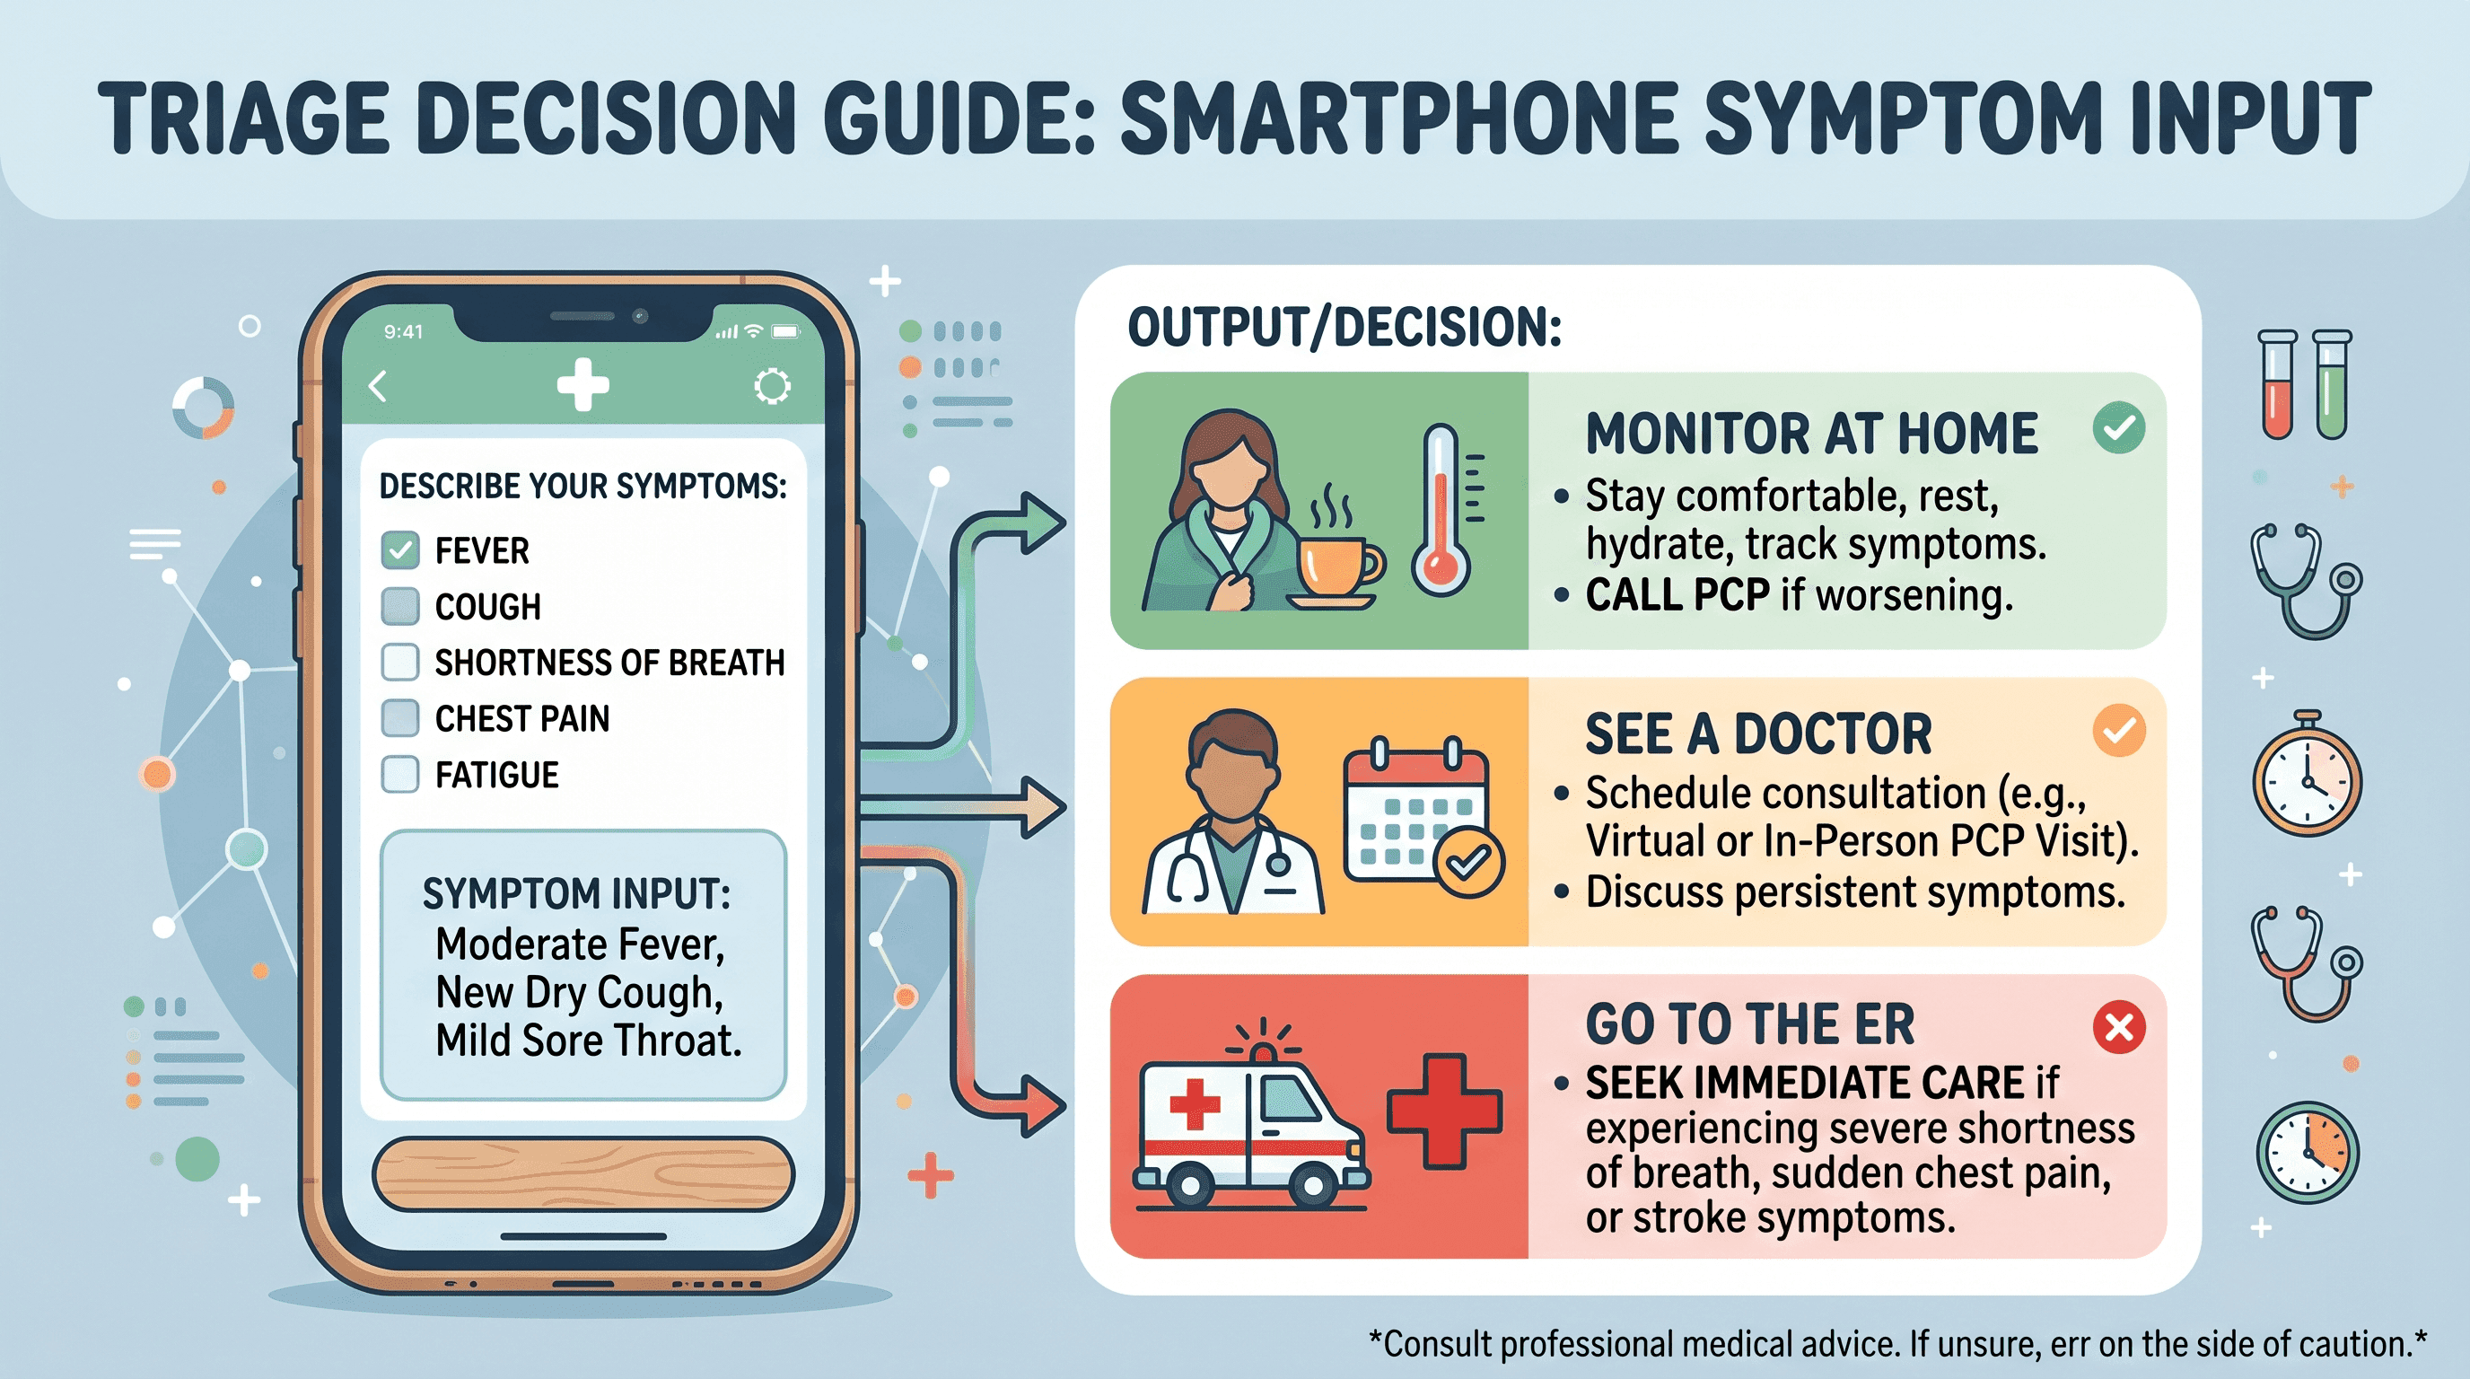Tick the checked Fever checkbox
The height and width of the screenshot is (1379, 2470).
pos(399,549)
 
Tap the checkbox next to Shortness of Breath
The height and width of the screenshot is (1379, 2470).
pos(399,662)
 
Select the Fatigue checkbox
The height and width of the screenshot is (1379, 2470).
pos(399,774)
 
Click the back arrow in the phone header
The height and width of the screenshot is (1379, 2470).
pos(378,386)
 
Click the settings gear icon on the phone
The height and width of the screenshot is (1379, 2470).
pos(772,386)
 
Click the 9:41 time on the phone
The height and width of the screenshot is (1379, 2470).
pos(403,332)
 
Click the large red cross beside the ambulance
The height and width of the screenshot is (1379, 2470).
pos(1444,1111)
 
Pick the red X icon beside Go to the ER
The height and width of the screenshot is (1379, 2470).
pos(2119,1027)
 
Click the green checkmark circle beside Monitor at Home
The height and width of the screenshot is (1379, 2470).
pos(2119,427)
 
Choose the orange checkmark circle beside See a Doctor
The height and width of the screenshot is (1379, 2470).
pos(2119,731)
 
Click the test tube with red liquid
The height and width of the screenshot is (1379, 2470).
pos(2277,384)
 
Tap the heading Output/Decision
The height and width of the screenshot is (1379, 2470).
pos(1345,327)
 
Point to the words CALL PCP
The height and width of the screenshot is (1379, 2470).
pos(1677,595)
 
